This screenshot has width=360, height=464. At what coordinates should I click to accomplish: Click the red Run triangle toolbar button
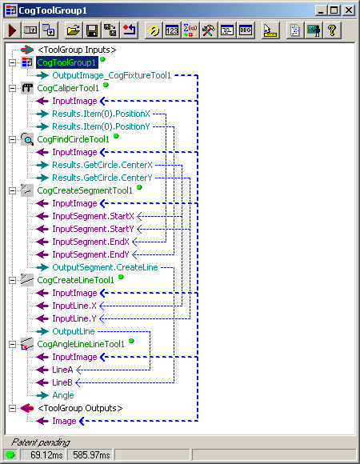[x=13, y=30]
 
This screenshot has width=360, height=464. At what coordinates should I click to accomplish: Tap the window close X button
[x=350, y=10]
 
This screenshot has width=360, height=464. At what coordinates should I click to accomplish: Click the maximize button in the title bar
[x=335, y=10]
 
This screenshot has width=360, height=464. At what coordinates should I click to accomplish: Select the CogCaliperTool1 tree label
[x=68, y=88]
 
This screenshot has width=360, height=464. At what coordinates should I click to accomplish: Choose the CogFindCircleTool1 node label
[x=74, y=139]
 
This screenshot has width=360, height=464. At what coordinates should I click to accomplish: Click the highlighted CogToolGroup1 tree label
[x=66, y=62]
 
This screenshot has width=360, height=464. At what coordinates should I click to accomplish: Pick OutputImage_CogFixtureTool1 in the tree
[x=111, y=75]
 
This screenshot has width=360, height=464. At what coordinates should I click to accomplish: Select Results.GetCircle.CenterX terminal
[x=102, y=165]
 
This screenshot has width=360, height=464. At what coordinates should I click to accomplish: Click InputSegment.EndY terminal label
[x=90, y=254]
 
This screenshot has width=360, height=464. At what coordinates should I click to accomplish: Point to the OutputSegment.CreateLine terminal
[x=105, y=267]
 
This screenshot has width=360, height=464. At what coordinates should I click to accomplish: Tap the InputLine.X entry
[x=74, y=306]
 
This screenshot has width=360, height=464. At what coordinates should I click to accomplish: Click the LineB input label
[x=62, y=382]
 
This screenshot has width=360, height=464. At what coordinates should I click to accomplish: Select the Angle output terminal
[x=62, y=395]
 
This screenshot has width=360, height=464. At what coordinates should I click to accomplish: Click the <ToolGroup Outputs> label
[x=80, y=408]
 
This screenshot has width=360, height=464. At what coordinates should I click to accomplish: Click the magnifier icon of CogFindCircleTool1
[x=26, y=139]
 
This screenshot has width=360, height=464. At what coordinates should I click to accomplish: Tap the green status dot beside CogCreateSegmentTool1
[x=139, y=188]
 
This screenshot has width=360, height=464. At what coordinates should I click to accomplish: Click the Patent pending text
[x=40, y=442]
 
